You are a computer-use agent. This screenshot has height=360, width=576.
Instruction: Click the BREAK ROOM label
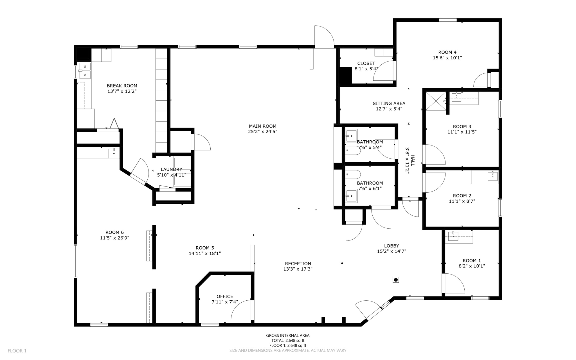point(122,86)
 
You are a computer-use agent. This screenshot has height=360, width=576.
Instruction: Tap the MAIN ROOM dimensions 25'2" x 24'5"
point(262,131)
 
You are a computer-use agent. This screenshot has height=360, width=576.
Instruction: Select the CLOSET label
point(366,64)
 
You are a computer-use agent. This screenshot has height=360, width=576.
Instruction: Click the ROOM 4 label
point(447,52)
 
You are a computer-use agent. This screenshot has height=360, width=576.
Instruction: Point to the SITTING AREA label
point(389,103)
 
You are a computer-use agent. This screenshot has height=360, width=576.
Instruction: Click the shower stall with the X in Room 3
point(436,101)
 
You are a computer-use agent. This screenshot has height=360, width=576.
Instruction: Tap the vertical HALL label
point(413,160)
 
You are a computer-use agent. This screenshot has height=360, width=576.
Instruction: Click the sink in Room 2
point(492,176)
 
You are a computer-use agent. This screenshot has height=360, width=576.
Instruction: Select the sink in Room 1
point(453,236)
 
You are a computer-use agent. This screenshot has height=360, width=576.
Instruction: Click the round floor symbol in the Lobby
point(396,280)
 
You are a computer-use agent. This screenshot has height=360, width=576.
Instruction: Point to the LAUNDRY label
point(171,169)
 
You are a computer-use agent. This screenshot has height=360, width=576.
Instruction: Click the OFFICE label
point(225,296)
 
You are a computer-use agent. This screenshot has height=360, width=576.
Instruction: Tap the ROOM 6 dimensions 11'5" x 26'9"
point(114,238)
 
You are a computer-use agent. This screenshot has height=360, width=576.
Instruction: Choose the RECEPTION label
point(298,264)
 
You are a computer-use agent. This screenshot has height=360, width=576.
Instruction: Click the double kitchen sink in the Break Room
point(85,71)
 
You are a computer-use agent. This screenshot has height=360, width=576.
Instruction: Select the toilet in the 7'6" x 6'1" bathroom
point(353,175)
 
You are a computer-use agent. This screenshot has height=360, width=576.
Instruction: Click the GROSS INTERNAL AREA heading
point(288,336)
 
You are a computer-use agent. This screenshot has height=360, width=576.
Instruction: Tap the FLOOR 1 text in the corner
point(17,351)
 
